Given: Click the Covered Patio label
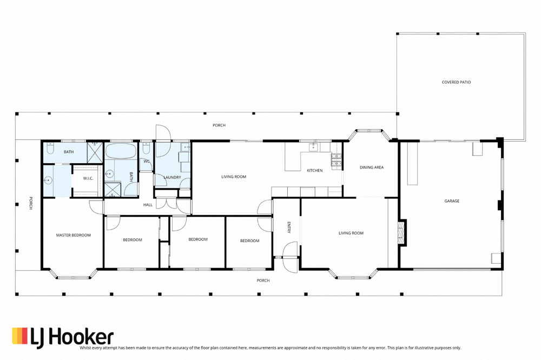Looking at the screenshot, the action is point(456,82).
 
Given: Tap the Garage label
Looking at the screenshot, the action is point(452,201).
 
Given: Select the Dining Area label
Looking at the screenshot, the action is point(372,167).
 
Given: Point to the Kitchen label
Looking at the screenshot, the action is point(315,170).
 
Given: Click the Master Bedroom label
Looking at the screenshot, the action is point(74,235).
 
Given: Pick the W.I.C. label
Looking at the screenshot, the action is point(88,178).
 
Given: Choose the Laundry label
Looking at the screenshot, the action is point(172,177).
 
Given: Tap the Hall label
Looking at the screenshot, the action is point(148,205).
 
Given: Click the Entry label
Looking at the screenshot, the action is point(289,228).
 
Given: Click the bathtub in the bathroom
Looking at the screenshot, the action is point(121,151).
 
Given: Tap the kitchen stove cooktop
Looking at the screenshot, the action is point(337,160).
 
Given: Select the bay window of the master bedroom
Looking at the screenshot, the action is point(73,275).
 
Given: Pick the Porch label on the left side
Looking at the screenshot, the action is point(31,203).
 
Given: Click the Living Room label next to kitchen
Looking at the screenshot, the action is point(234,177).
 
